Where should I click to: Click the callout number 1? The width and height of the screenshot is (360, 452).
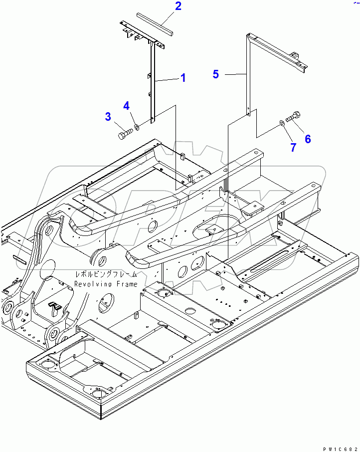click(183, 78)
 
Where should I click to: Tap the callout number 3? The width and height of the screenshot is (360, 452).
click(108, 117)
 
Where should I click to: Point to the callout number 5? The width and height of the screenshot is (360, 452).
click(215, 74)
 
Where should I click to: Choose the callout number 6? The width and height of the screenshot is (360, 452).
click(308, 139)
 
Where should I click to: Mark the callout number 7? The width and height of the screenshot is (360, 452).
click(293, 147)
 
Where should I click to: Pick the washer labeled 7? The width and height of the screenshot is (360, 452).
click(283, 122)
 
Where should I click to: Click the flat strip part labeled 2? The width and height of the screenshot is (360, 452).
click(155, 22)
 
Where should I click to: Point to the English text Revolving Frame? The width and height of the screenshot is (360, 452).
click(106, 284)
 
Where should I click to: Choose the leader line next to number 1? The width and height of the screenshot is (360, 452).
click(168, 79)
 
